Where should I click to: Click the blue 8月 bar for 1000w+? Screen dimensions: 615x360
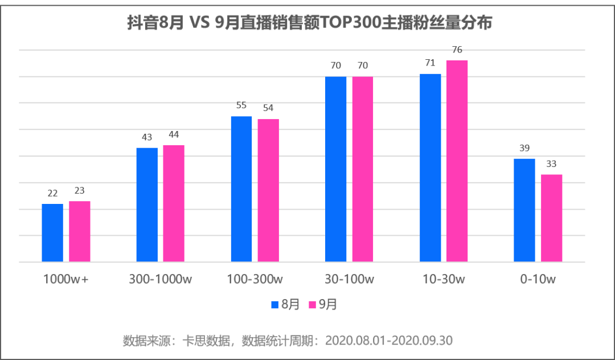pos(52,232)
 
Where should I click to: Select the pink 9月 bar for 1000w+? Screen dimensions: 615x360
pos(80,231)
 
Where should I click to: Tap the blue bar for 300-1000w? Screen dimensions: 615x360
pos(147,204)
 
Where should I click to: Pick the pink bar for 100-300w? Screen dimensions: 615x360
pos(268,190)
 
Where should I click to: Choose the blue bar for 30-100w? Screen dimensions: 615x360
pos(336,169)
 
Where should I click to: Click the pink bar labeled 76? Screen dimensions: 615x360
pos(457,161)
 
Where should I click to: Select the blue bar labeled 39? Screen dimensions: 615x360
pos(524,210)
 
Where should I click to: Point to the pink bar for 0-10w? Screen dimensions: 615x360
pos(551,218)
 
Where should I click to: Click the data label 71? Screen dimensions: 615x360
pos(430,63)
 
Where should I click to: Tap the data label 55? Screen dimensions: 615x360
pos(241,105)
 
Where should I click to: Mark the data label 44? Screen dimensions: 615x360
pos(174,134)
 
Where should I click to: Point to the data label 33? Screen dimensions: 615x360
pos(551,163)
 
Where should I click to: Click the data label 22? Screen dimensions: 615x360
pos(52,193)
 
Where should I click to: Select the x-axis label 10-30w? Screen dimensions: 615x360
pos(444,279)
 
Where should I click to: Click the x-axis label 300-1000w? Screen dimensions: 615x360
pos(161,279)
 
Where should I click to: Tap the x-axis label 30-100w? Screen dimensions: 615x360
pos(350,279)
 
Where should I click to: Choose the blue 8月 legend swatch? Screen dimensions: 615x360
pos(275,305)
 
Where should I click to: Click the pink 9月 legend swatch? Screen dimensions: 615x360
pos(313,305)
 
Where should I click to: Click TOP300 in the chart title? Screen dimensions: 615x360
pos(351,23)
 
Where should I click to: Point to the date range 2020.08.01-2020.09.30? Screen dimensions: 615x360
pos(389,341)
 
